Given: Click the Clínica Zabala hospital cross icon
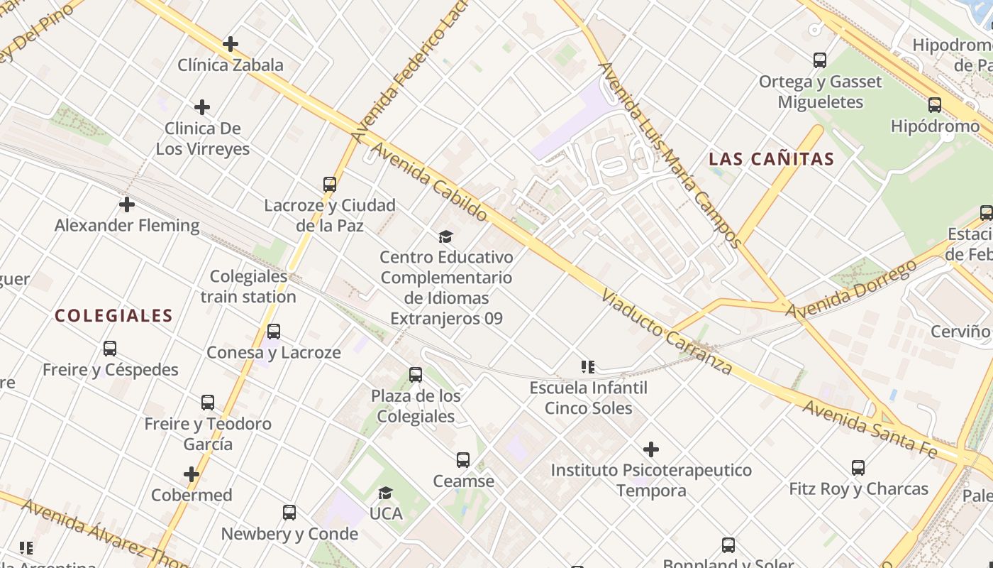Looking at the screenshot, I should coord(231,44).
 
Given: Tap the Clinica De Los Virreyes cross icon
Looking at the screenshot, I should coord(202,107).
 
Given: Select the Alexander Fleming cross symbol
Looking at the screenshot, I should coord(127,204).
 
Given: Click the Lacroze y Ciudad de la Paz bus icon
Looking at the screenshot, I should coord(330,185).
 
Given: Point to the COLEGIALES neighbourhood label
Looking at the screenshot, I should coord(113,316).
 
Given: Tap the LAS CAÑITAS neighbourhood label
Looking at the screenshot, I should coord(772,159).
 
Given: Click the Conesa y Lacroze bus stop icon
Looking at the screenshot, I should coord(274,332).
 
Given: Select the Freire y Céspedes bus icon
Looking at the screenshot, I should coord(110,349).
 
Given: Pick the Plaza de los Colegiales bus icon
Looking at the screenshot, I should coord(416,375).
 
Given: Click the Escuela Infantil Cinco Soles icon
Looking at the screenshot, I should coord(588,367).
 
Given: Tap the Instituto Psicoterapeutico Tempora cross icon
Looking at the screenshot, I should coord(651,449).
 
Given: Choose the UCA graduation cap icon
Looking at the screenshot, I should coord(386,493).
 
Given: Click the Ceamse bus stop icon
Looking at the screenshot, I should coord(463,460).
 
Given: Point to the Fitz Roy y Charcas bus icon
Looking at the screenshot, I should coord(858,468).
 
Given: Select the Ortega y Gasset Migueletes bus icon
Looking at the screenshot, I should coord(820,60).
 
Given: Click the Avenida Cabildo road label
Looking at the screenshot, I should coord(430,182).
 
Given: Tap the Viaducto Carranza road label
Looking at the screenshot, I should coord(666,332).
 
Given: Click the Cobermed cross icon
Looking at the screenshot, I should coord(192,474).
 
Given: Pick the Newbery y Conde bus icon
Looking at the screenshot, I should coord(289,513).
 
